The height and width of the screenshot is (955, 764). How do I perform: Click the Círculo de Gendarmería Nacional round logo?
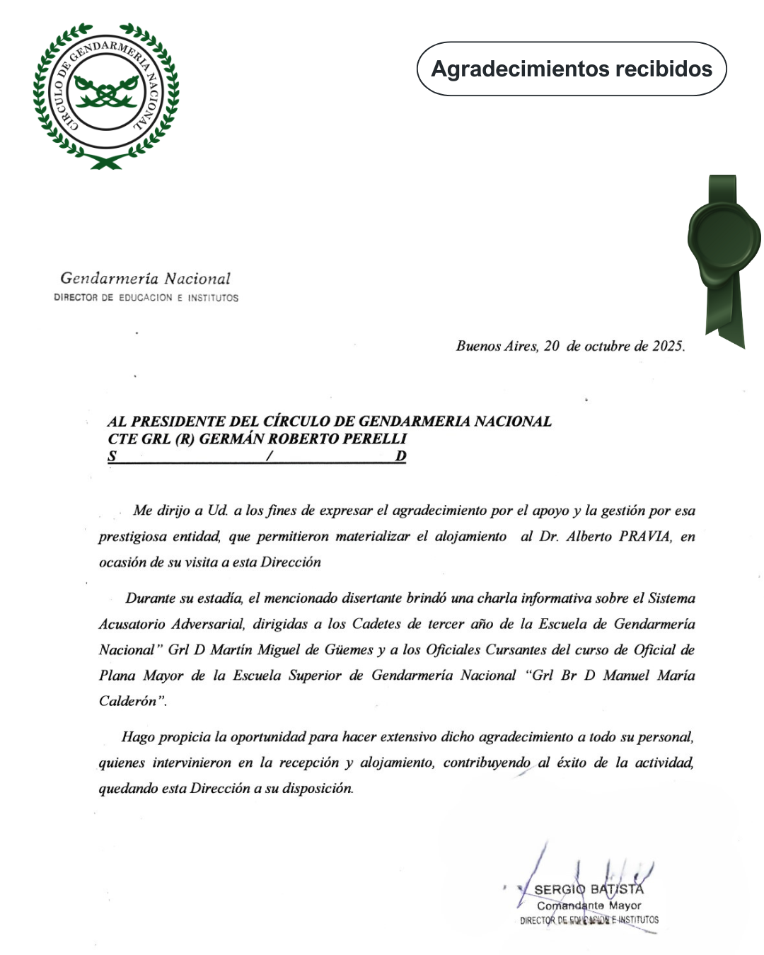point(106,95)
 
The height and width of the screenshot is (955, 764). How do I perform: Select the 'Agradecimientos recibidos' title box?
point(572,69)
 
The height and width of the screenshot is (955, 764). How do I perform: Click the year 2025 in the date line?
point(667,346)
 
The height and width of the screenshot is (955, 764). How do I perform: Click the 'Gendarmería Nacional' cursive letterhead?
point(145,279)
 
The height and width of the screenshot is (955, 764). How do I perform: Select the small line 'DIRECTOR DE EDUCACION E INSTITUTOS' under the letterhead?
point(146,298)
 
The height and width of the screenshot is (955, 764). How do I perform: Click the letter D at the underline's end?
point(400,456)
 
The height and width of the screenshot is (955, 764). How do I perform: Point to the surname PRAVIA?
point(644,536)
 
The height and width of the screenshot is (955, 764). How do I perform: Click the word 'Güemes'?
point(348,649)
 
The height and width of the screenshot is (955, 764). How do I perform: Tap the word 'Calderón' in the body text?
point(128,701)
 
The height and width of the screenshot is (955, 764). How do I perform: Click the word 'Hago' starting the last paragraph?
point(138,737)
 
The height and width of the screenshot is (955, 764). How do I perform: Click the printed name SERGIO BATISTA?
point(589,889)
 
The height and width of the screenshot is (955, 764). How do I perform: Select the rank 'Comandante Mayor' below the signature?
point(589,905)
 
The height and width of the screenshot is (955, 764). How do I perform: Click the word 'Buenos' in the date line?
point(477,346)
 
